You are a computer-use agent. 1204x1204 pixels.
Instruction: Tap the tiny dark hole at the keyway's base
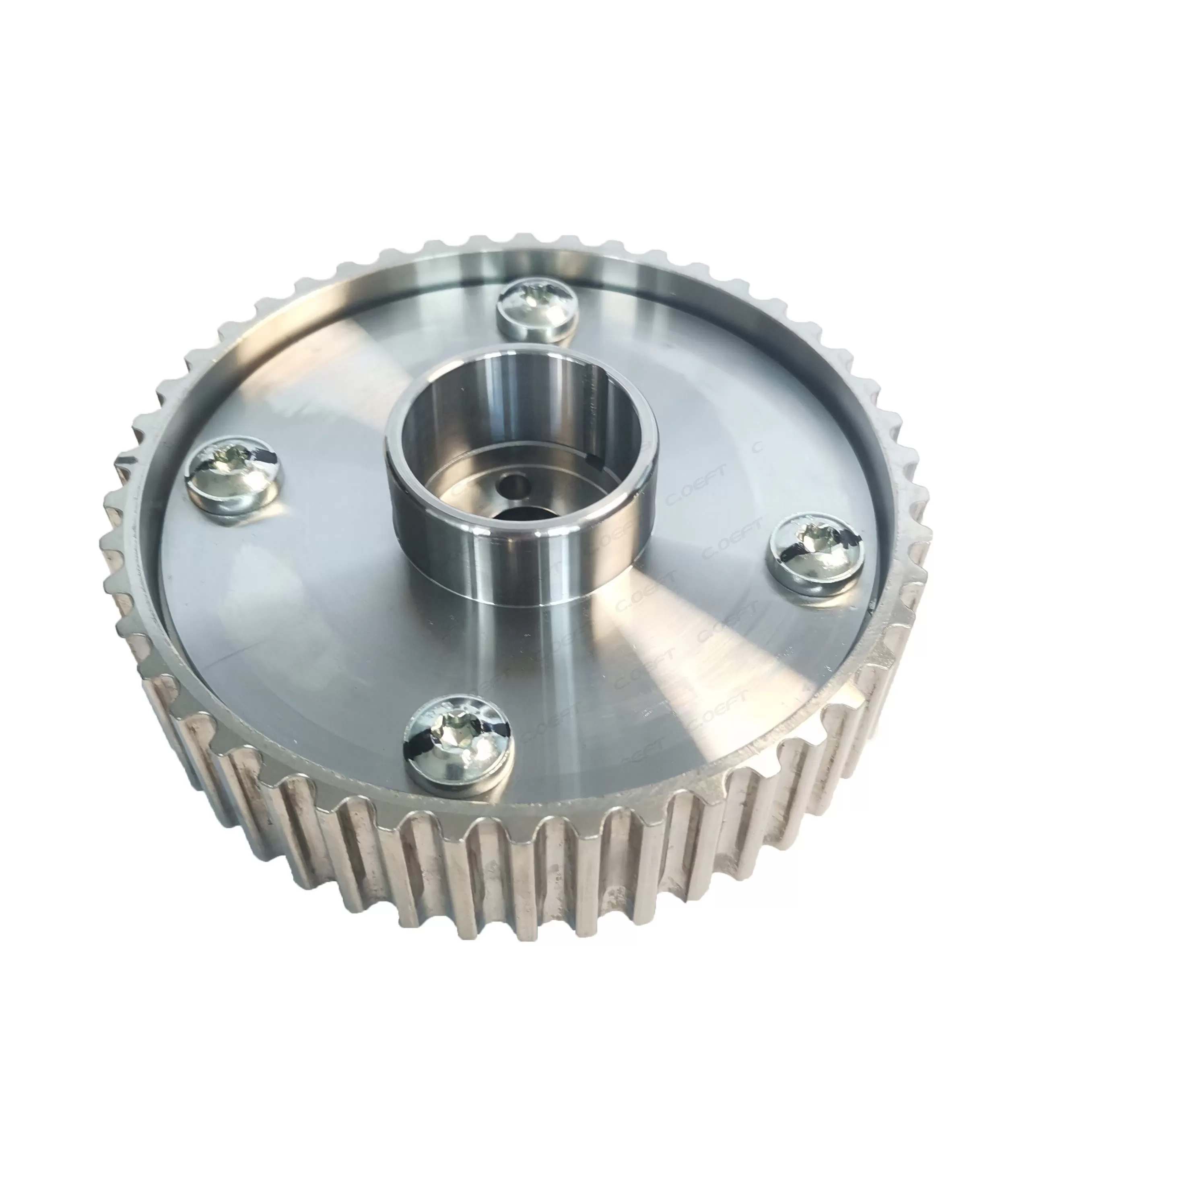tap(600, 461)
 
